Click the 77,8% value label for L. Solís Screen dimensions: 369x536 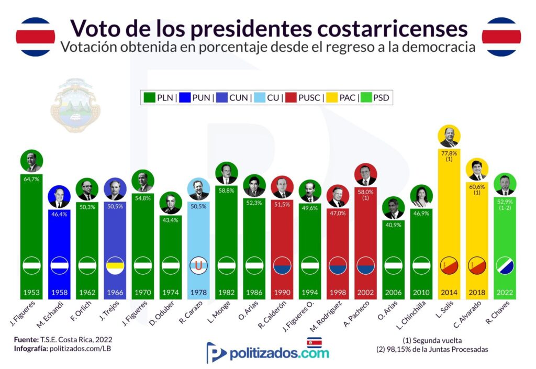click(449, 154)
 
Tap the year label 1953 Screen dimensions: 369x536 click(31, 292)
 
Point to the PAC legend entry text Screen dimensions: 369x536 click(348, 97)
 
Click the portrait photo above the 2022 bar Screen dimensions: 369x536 click(505, 183)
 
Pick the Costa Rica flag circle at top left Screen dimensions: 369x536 click(35, 37)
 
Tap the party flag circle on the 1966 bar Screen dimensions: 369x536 click(115, 266)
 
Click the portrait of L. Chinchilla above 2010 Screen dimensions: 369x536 click(421, 196)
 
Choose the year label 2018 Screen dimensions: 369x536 click(477, 292)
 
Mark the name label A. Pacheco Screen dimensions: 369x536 click(359, 314)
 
